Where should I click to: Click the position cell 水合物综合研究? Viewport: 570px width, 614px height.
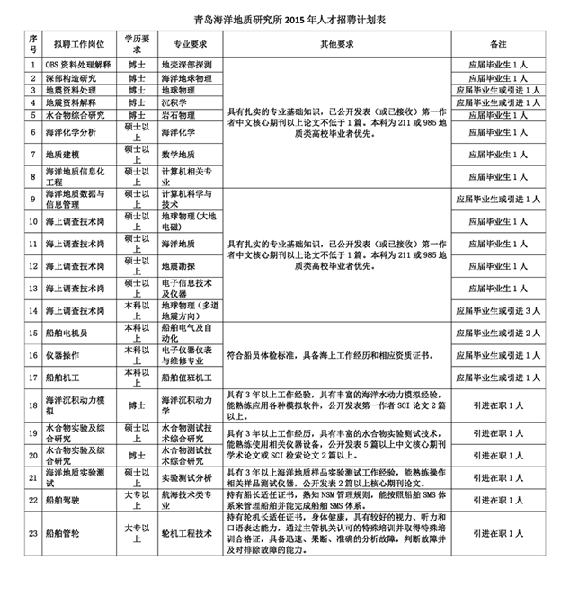75,116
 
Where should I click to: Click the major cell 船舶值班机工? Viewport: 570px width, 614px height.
190,376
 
